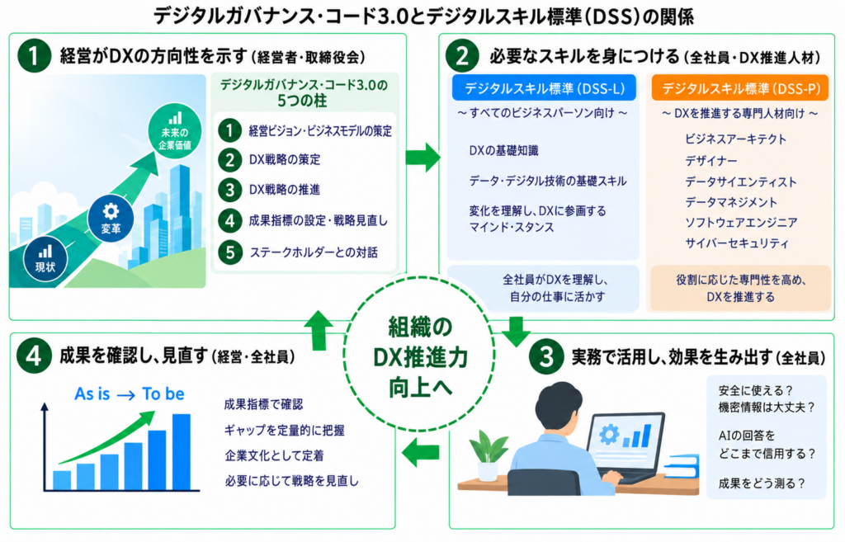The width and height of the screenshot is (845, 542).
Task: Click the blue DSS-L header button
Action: click(x=544, y=87)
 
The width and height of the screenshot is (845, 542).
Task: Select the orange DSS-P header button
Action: click(x=740, y=87)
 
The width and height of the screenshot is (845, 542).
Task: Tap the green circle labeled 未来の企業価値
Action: click(x=175, y=131)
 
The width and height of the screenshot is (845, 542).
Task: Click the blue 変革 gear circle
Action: click(x=111, y=218)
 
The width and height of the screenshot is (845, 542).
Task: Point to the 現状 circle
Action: click(x=45, y=258)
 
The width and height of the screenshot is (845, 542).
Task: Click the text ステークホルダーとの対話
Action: click(x=314, y=252)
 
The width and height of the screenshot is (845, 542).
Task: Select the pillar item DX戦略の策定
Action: click(x=285, y=159)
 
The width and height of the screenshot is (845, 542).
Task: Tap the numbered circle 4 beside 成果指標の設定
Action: click(x=230, y=220)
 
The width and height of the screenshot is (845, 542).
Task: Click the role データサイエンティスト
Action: click(x=740, y=181)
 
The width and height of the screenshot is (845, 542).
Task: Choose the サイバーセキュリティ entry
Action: click(x=737, y=243)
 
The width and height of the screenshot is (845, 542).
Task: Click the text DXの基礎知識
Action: click(x=503, y=151)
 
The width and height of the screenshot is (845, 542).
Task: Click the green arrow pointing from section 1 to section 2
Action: click(x=423, y=158)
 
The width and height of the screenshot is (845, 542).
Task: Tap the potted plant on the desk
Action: click(x=489, y=455)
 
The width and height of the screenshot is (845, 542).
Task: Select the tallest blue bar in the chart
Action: click(x=181, y=451)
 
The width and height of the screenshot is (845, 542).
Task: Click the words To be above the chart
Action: click(x=163, y=394)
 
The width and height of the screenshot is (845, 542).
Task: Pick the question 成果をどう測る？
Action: click(x=762, y=483)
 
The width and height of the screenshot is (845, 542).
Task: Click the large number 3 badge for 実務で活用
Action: click(x=546, y=356)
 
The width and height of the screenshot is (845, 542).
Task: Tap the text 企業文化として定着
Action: click(x=274, y=456)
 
